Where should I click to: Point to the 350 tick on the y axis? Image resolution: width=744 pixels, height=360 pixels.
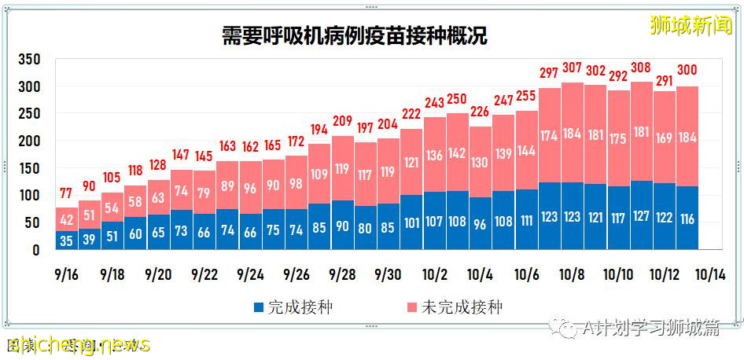(x=29, y=60)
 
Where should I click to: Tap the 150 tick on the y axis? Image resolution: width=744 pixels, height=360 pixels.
(x=29, y=168)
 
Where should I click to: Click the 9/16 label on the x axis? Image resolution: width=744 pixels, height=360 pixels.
(x=66, y=275)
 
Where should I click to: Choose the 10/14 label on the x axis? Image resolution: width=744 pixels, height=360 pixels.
(x=710, y=275)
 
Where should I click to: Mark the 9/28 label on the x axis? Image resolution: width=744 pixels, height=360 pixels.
(x=343, y=275)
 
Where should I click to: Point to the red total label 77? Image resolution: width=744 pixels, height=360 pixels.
(x=66, y=193)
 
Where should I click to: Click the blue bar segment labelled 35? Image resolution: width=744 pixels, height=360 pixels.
(x=66, y=240)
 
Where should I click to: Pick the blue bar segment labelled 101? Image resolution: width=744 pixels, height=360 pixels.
(x=411, y=222)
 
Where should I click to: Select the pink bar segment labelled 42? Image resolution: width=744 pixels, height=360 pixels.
(x=66, y=219)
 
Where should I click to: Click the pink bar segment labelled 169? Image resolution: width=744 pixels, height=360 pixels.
(x=665, y=138)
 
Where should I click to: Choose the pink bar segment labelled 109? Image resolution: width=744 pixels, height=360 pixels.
(x=319, y=174)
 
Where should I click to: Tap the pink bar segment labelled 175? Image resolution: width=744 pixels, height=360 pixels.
(x=618, y=138)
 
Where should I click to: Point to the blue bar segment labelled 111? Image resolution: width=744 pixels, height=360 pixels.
(x=526, y=220)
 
